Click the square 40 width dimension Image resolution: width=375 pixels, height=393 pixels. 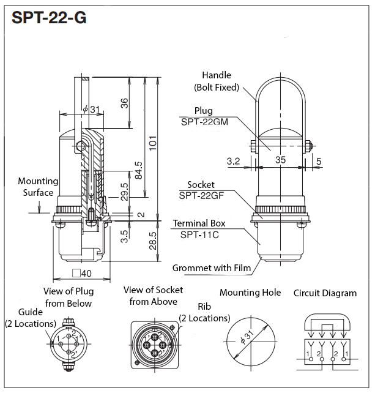click(x=81, y=274)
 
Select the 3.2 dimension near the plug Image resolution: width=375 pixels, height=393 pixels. click(x=233, y=161)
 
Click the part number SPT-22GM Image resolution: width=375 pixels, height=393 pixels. click(x=204, y=122)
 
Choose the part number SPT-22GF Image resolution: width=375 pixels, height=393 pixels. click(x=199, y=195)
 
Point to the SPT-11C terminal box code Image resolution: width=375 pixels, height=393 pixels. click(x=201, y=234)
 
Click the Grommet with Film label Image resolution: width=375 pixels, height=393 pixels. click(x=212, y=268)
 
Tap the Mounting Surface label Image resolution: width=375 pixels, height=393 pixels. click(x=38, y=187)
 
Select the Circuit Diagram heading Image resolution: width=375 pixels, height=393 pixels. click(x=325, y=293)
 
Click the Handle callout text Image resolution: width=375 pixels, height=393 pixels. click(x=217, y=80)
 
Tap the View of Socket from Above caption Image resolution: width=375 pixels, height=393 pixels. click(x=153, y=296)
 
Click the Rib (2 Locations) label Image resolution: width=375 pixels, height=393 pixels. click(x=204, y=312)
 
